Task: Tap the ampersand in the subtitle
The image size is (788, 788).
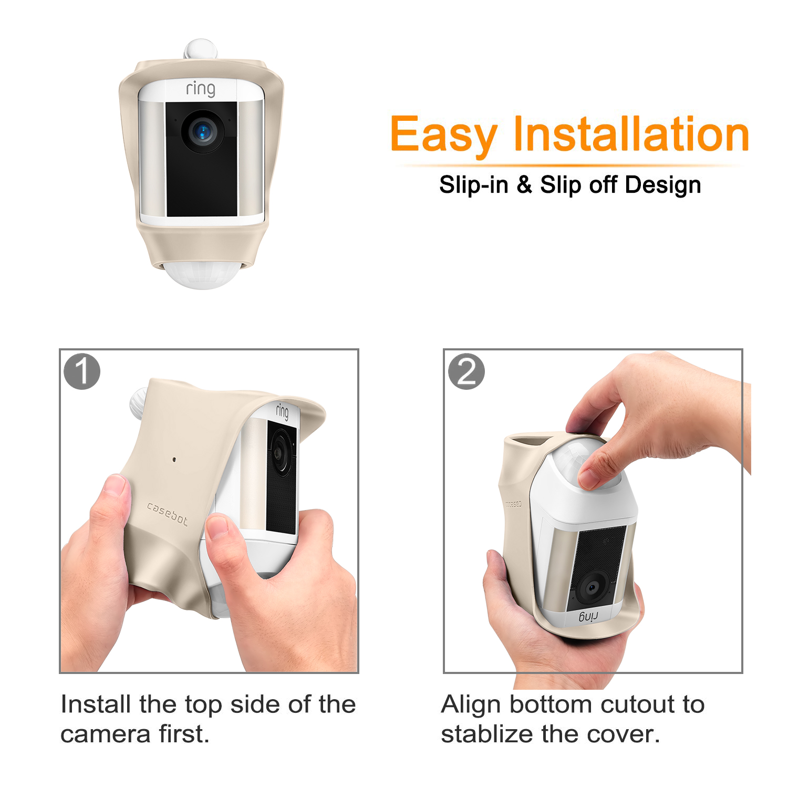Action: pyautogui.click(x=524, y=185)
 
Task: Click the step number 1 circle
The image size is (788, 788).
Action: pyautogui.click(x=82, y=371)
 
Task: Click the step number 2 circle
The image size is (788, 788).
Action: pyautogui.click(x=466, y=371)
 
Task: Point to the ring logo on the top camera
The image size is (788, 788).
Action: pyautogui.click(x=201, y=89)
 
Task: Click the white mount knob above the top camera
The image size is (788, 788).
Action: pyautogui.click(x=200, y=48)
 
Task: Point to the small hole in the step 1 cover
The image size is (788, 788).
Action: pyautogui.click(x=174, y=460)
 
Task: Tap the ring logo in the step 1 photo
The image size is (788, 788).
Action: pyautogui.click(x=283, y=411)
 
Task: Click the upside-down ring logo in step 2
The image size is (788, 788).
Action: pyautogui.click(x=588, y=616)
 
